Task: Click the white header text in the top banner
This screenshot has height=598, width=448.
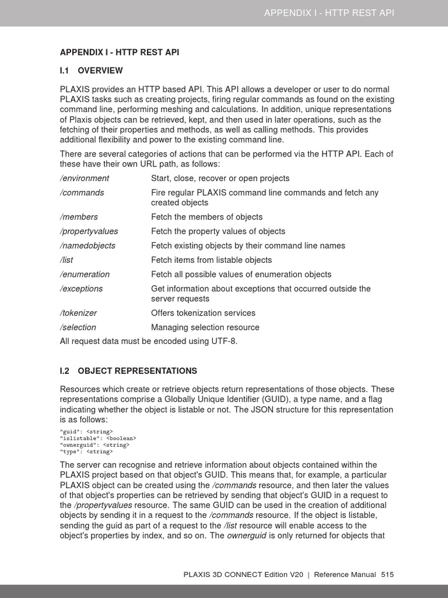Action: (x=329, y=13)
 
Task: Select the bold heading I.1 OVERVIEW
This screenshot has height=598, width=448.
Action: (x=92, y=71)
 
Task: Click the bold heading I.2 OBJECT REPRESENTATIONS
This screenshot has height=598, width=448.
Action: (x=128, y=371)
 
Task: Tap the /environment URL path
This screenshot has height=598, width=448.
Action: (x=85, y=178)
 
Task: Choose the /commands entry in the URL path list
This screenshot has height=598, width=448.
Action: (x=82, y=192)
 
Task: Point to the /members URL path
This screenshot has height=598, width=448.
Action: (x=79, y=217)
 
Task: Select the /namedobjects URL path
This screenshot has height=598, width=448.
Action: (x=87, y=246)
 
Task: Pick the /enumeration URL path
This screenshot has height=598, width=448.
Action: (x=85, y=274)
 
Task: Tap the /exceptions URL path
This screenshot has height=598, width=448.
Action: (x=82, y=288)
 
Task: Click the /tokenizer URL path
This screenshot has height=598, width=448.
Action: (x=79, y=313)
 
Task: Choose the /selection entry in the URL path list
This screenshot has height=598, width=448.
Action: (x=78, y=328)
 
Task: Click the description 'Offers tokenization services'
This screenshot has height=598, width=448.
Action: (x=203, y=313)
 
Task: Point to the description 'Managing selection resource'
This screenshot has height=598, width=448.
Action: (x=205, y=328)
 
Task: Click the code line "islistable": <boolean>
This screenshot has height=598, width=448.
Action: (x=98, y=438)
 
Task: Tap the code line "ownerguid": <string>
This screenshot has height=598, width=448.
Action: (x=94, y=444)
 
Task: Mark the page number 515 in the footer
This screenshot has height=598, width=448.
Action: (x=387, y=575)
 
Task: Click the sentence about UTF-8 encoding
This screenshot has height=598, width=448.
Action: (x=149, y=342)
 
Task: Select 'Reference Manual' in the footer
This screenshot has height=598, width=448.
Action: (x=345, y=575)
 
